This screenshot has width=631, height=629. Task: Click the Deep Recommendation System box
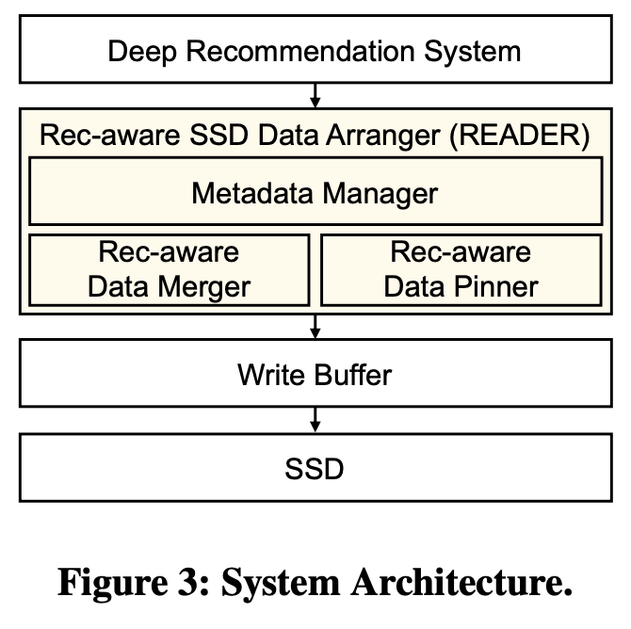(x=315, y=49)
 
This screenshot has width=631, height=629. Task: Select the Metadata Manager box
(x=315, y=193)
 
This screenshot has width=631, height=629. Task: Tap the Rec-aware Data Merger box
(x=170, y=269)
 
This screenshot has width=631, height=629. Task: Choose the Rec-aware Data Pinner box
(x=461, y=269)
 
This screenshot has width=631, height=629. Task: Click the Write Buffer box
(x=315, y=375)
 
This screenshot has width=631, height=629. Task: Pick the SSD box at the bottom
(x=315, y=467)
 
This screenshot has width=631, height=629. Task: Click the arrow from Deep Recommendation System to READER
(x=315, y=94)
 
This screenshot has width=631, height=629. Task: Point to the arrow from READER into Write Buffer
(x=315, y=327)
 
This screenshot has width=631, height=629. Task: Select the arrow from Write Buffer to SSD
(x=315, y=419)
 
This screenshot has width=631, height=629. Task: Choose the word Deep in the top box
(x=140, y=50)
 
